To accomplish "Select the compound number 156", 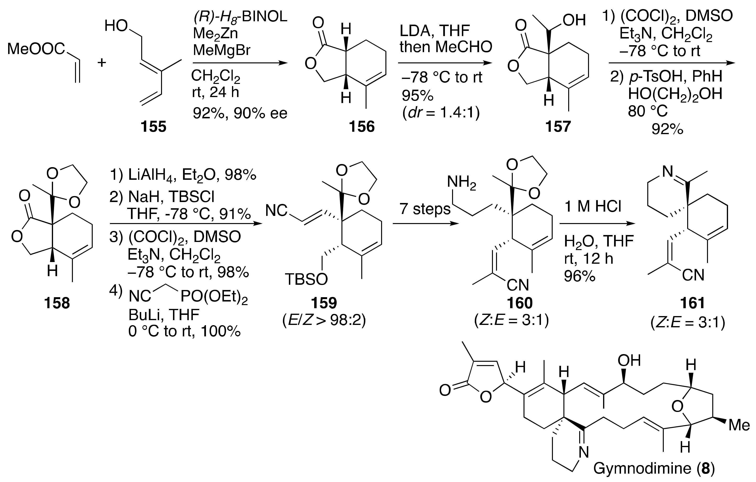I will pyautogui.click(x=362, y=127).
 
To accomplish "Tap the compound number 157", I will pyautogui.click(x=558, y=127).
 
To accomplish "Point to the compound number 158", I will pyautogui.click(x=57, y=303).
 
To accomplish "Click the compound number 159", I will pyautogui.click(x=324, y=303).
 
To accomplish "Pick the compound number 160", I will pyautogui.click(x=520, y=303).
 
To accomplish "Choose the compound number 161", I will pyautogui.click(x=692, y=303).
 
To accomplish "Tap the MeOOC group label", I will pyautogui.click(x=36, y=49).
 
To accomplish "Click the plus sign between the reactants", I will pyautogui.click(x=101, y=63).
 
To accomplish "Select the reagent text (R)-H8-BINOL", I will pyautogui.click(x=240, y=16).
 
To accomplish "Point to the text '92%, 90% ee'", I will pyautogui.click(x=240, y=113).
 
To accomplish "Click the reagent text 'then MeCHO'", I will pyautogui.click(x=446, y=47).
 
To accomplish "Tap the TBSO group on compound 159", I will pyautogui.click(x=306, y=279).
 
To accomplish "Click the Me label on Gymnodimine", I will pyautogui.click(x=739, y=425).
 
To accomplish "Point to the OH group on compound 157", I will pyautogui.click(x=574, y=20).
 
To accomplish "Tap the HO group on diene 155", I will pyautogui.click(x=116, y=26).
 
